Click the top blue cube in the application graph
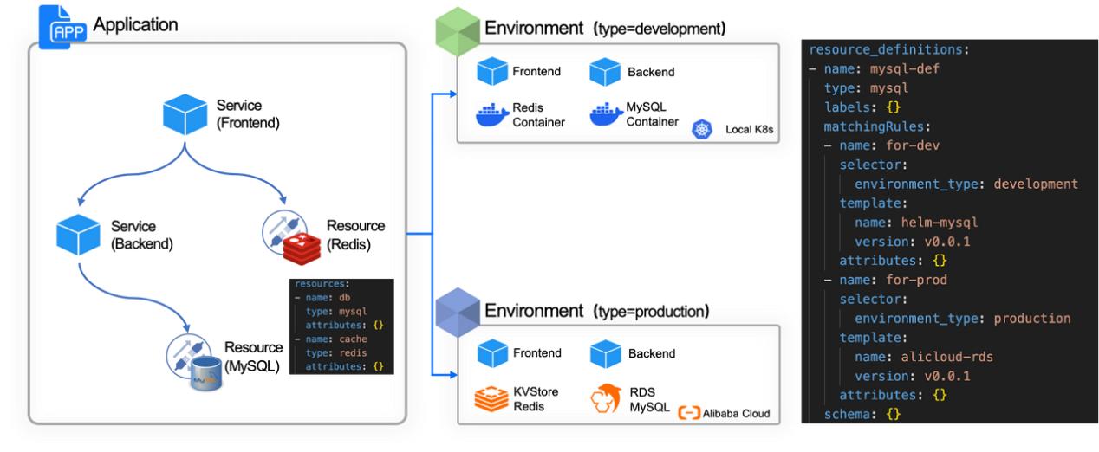point(185,114)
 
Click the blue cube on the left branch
point(77,235)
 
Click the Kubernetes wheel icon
point(701,130)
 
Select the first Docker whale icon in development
point(494,113)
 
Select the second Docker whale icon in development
point(607,113)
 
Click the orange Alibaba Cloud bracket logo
point(689,413)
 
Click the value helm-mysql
point(940,223)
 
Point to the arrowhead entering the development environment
point(452,94)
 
